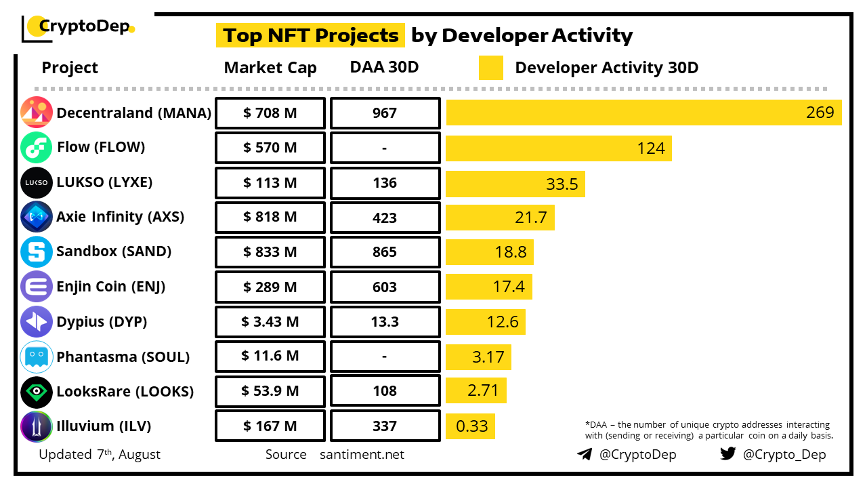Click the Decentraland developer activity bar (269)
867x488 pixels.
coord(643,113)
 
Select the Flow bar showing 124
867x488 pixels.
coord(558,148)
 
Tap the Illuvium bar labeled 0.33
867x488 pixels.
coord(470,426)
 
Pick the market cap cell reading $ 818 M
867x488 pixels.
coord(270,218)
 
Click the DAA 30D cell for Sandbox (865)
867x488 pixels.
coord(385,252)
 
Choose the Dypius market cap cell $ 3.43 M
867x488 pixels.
coord(270,322)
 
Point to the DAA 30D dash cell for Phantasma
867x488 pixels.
coord(385,357)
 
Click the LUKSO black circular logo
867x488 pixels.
coord(37,183)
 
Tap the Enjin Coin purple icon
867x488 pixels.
coord(37,287)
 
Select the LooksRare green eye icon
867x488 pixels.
coord(37,392)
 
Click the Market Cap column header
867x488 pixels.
coord(270,68)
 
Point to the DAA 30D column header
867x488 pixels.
coord(384,67)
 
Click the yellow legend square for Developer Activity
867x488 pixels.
coord(491,68)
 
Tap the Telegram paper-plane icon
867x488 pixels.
coord(585,454)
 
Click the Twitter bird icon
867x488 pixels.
coord(727,453)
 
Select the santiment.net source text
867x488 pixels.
coord(362,454)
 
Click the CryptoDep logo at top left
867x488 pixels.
coord(78,27)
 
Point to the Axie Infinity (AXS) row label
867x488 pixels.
coord(120,217)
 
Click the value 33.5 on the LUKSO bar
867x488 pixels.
coord(562,184)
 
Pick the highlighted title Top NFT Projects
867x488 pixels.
coord(310,35)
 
